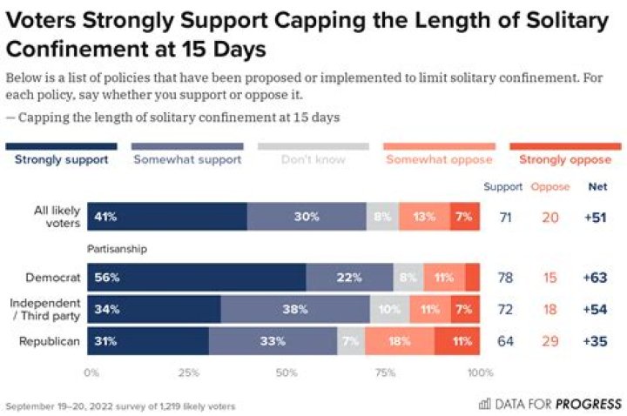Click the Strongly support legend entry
click(61, 160)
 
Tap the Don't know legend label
click(312, 160)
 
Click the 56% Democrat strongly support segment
click(198, 278)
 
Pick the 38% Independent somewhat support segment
click(295, 309)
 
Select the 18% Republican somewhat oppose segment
click(400, 341)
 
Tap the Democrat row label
click(54, 278)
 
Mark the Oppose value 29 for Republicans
click(549, 341)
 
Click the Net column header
click(597, 186)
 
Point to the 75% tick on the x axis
click(382, 372)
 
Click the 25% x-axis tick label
click(188, 372)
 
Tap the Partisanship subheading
click(117, 249)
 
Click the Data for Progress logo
click(549, 403)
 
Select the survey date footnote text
click(119, 406)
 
